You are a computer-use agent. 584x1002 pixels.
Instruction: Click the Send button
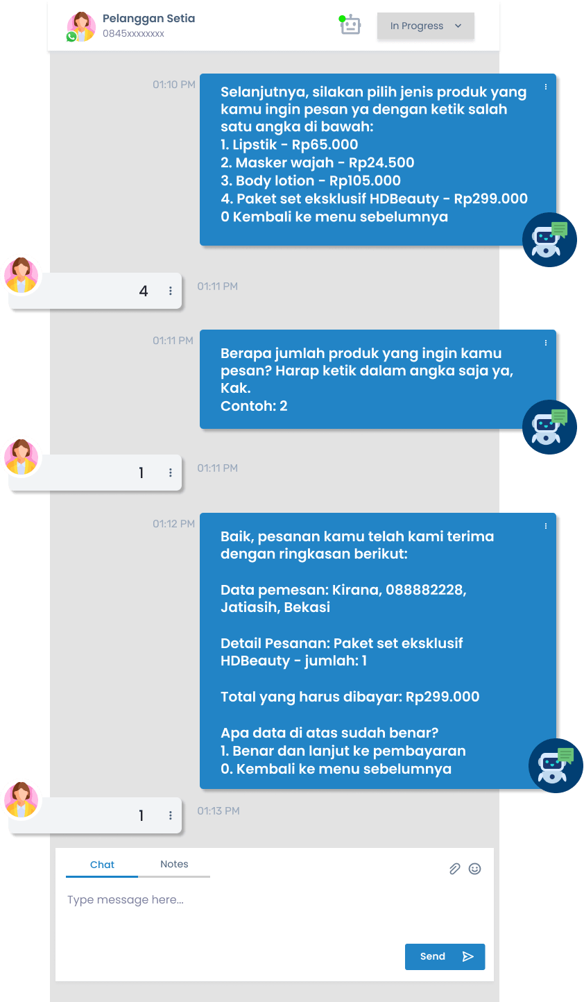(x=445, y=957)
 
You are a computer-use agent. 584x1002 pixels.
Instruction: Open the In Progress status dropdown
(x=425, y=26)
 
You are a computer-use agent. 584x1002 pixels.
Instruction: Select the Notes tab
(x=174, y=865)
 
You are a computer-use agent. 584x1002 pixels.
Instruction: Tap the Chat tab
(x=102, y=865)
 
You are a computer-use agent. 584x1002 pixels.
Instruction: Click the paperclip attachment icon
(x=454, y=869)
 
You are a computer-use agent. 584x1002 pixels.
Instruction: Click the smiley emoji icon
(x=475, y=869)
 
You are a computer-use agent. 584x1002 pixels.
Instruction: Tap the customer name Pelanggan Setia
(x=148, y=19)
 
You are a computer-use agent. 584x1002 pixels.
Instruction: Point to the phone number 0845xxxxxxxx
(x=133, y=33)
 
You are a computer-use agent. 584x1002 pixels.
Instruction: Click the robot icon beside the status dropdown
(x=350, y=26)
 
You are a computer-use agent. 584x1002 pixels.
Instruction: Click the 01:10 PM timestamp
(x=174, y=85)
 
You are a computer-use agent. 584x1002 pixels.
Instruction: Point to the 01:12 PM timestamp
(x=174, y=524)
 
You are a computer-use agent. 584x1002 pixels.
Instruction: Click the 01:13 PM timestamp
(x=218, y=811)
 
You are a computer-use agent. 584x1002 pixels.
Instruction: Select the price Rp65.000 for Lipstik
(x=325, y=145)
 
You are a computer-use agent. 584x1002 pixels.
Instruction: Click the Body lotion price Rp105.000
(x=365, y=181)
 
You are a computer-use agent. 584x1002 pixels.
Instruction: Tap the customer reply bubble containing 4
(x=96, y=291)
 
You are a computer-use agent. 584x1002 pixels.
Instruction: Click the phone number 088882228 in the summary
(x=425, y=590)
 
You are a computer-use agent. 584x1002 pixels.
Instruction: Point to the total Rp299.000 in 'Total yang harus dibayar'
(x=443, y=697)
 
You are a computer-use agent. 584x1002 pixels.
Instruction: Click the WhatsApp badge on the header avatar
(x=71, y=37)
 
